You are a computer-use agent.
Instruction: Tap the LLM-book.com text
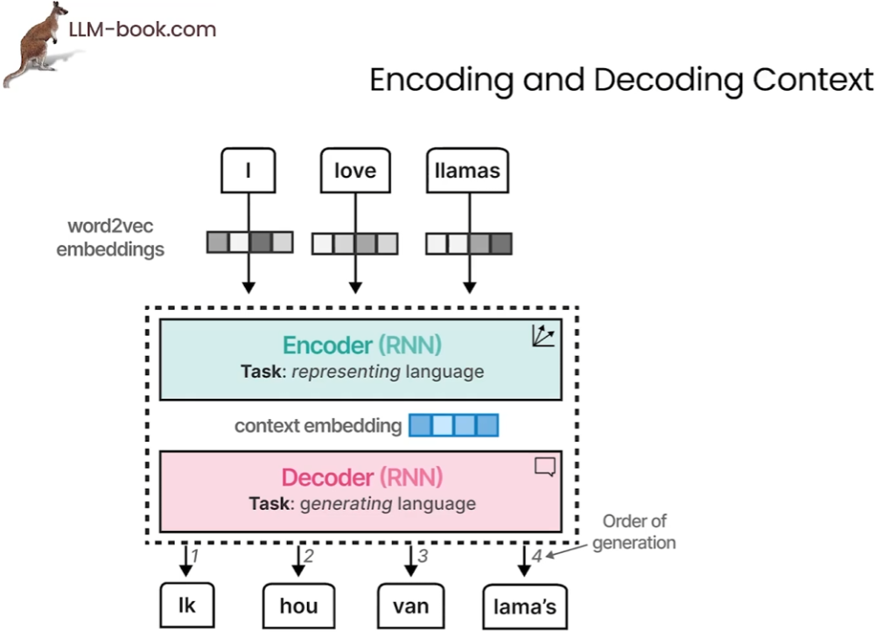pyautogui.click(x=142, y=30)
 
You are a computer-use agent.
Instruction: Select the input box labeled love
pyautogui.click(x=354, y=171)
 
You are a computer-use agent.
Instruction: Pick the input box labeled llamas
pyautogui.click(x=467, y=171)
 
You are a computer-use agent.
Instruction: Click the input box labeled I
pyautogui.click(x=248, y=171)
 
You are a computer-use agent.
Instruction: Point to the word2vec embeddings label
pyautogui.click(x=110, y=238)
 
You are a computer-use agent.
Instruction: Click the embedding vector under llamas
pyautogui.click(x=468, y=242)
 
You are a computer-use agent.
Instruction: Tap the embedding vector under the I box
pyautogui.click(x=249, y=241)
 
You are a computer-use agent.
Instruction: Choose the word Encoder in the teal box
pyautogui.click(x=325, y=345)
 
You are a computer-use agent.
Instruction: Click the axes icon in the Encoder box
pyautogui.click(x=543, y=336)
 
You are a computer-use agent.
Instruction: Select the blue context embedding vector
pyautogui.click(x=453, y=426)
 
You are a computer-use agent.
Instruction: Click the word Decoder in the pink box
pyautogui.click(x=327, y=478)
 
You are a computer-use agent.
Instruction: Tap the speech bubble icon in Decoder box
pyautogui.click(x=544, y=467)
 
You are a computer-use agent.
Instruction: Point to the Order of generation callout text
pyautogui.click(x=634, y=532)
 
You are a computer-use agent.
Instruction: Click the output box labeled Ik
pyautogui.click(x=186, y=605)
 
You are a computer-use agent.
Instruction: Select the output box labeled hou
pyautogui.click(x=298, y=605)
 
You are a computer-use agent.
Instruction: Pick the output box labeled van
pyautogui.click(x=410, y=605)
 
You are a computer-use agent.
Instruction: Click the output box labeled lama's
pyautogui.click(x=524, y=606)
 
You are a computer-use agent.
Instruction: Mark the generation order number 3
pyautogui.click(x=423, y=556)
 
